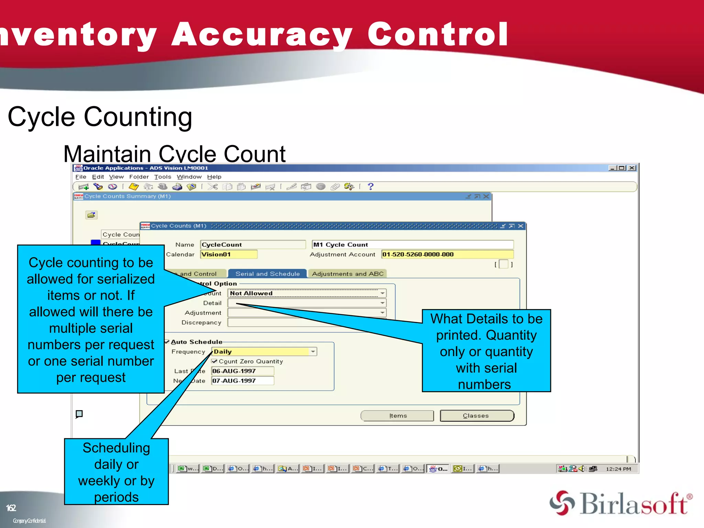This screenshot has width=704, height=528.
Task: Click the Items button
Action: (397, 416)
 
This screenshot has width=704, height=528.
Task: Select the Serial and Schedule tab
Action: (267, 274)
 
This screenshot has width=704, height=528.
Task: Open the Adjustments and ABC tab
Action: (348, 274)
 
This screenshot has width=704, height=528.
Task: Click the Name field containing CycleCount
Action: (253, 244)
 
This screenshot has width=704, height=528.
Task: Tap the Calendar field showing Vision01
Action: (229, 254)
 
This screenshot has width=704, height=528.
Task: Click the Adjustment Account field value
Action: (447, 254)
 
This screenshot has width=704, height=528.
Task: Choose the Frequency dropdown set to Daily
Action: (264, 352)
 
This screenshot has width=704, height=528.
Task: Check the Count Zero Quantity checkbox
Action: (214, 361)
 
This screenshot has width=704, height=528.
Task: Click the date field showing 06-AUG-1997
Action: (242, 371)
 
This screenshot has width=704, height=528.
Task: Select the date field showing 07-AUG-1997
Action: (242, 381)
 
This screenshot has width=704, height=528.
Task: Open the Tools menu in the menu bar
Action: (163, 177)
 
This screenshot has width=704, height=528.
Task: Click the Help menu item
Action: (214, 177)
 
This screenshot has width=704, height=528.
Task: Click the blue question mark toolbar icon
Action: (370, 186)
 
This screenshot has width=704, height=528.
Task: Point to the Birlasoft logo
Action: (621, 504)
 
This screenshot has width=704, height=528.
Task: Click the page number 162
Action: (11, 508)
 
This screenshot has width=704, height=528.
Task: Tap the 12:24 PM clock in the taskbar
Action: (618, 469)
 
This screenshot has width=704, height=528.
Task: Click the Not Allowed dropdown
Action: (307, 293)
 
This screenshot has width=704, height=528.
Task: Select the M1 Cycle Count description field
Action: (412, 244)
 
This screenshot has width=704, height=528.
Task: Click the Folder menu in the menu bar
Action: (139, 177)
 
